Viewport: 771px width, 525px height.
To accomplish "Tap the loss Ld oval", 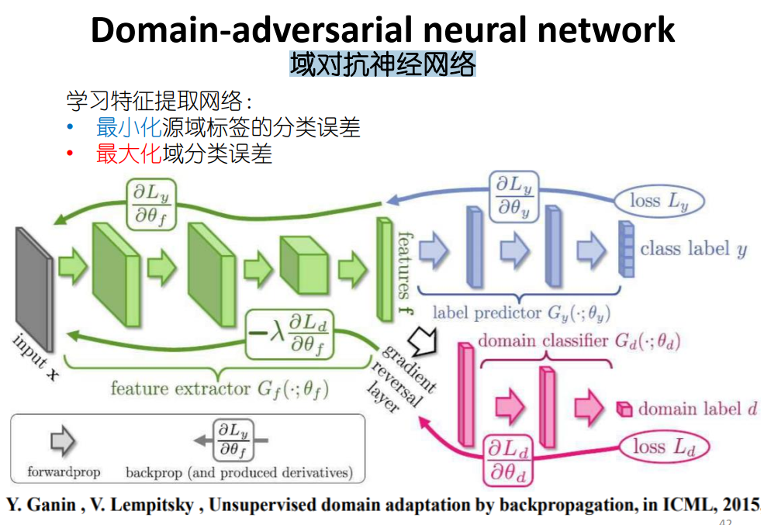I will [662, 446].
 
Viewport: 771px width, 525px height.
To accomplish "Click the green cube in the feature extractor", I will [303, 264].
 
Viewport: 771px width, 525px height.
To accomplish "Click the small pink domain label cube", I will [624, 409].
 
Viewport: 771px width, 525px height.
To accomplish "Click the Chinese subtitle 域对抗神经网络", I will [382, 64].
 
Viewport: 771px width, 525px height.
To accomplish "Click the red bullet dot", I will [69, 154].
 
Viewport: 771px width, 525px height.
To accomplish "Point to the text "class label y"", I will [693, 249].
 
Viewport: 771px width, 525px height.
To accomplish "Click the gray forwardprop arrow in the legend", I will [62, 441].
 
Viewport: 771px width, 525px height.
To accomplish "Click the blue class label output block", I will [624, 249].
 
